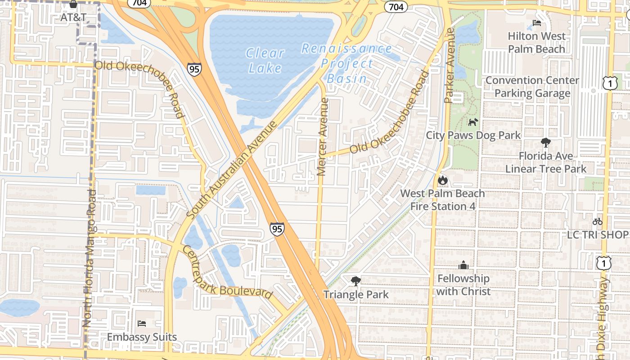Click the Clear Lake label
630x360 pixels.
point(265,60)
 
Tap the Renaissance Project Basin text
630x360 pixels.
point(346,63)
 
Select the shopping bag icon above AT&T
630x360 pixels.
point(73,4)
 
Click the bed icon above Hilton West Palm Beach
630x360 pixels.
point(536,23)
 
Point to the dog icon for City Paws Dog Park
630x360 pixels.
point(473,122)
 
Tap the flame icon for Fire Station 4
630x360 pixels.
point(443,180)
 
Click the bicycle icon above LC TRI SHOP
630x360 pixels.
point(597,221)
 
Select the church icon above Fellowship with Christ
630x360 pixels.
point(463,265)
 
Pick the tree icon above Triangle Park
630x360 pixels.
point(355,281)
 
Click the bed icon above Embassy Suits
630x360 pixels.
point(142,323)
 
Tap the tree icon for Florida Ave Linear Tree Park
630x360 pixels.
point(545,143)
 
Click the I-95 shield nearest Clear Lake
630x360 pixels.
point(194,69)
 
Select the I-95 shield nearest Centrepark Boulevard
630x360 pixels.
point(277,229)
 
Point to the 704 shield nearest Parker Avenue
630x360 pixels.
point(396,6)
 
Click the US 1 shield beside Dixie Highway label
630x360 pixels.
point(603,263)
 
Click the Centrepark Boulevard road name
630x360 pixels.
point(227,272)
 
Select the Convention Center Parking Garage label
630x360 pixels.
point(532,87)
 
